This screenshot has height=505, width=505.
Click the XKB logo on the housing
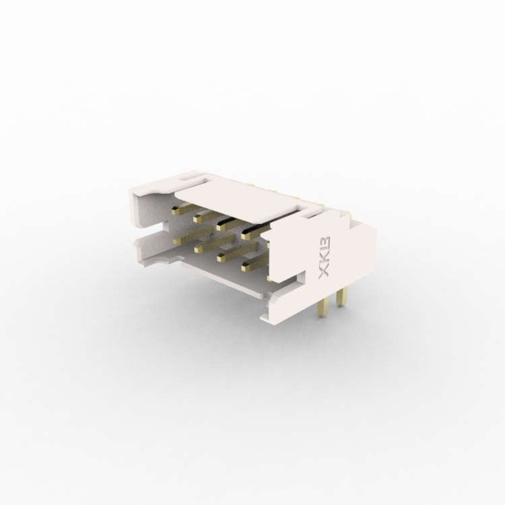pyautogui.click(x=324, y=257)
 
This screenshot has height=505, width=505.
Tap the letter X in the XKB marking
pyautogui.click(x=324, y=271)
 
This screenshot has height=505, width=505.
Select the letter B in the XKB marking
pyautogui.click(x=325, y=244)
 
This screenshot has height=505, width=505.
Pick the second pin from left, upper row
pyautogui.click(x=208, y=216)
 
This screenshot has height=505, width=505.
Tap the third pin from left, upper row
pyautogui.click(x=230, y=224)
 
